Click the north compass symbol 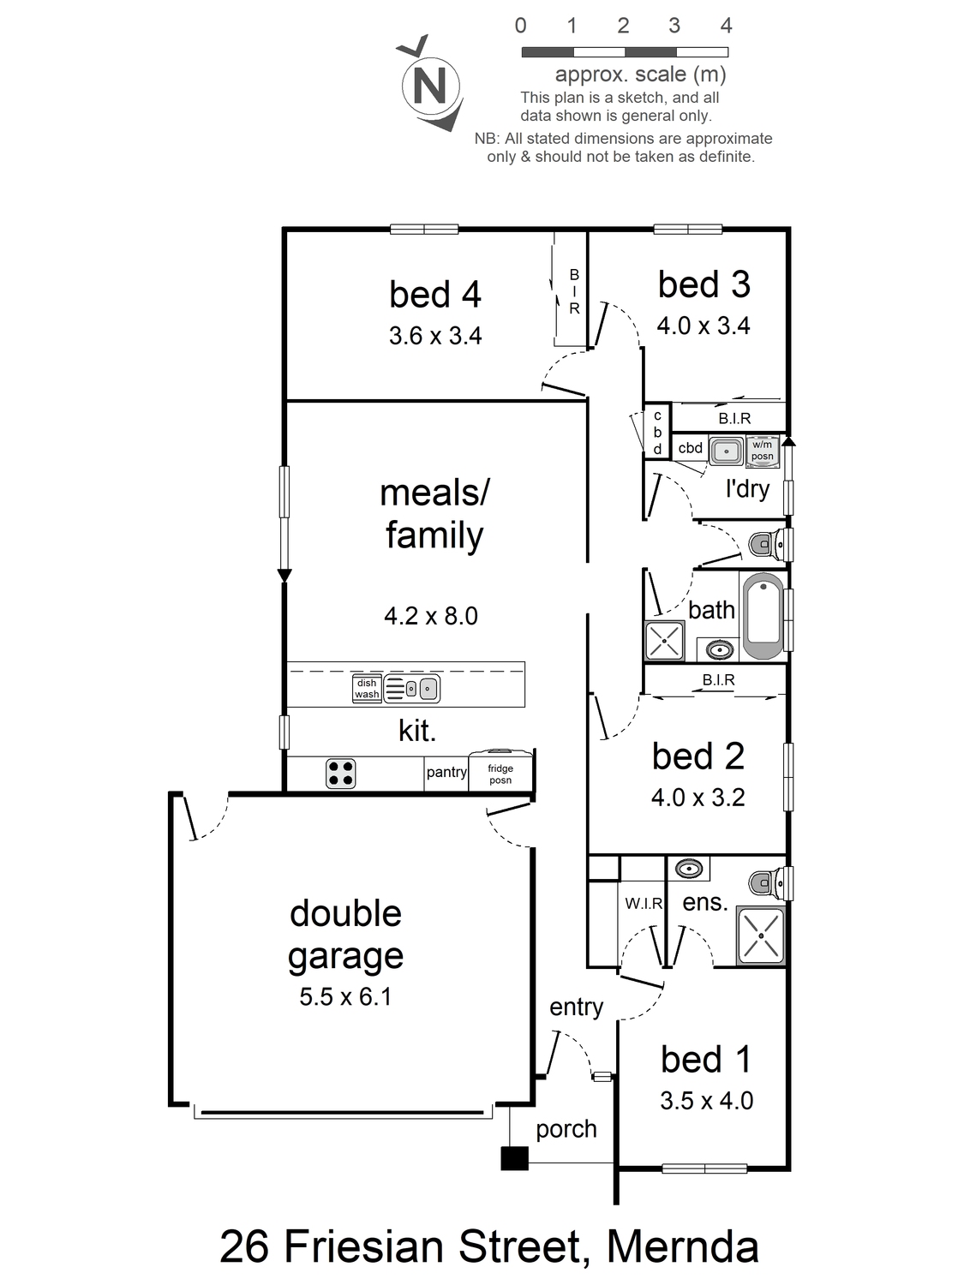[431, 85]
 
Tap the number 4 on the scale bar [726, 25]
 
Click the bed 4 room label [435, 294]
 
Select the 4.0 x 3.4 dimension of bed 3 [703, 326]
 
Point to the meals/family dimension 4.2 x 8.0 [431, 616]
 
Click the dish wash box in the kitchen [367, 689]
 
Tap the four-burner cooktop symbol [341, 774]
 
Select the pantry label [446, 772]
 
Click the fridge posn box [500, 770]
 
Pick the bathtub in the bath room [763, 616]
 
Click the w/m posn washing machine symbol [763, 451]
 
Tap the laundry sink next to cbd [727, 451]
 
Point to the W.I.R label [644, 904]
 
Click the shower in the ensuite [760, 935]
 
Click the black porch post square [514, 1158]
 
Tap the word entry [576, 1007]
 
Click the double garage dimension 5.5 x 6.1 [345, 996]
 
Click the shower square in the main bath [664, 641]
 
